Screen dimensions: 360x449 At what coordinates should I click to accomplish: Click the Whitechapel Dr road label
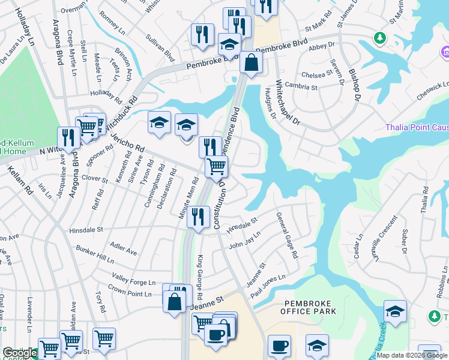pos(288,103)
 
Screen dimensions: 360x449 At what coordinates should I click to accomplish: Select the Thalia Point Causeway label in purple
pos(417,127)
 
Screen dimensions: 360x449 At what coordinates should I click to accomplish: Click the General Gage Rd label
pos(288,235)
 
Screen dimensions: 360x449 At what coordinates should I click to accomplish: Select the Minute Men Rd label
pos(188,197)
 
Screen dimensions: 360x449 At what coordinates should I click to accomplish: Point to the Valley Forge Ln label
pos(134,282)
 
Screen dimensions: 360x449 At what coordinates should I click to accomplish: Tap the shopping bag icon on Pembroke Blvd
pos(251,62)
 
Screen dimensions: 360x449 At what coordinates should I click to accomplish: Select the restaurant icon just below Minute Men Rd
pos(197,216)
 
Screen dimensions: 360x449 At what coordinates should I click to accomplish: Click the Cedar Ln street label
pos(359,247)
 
